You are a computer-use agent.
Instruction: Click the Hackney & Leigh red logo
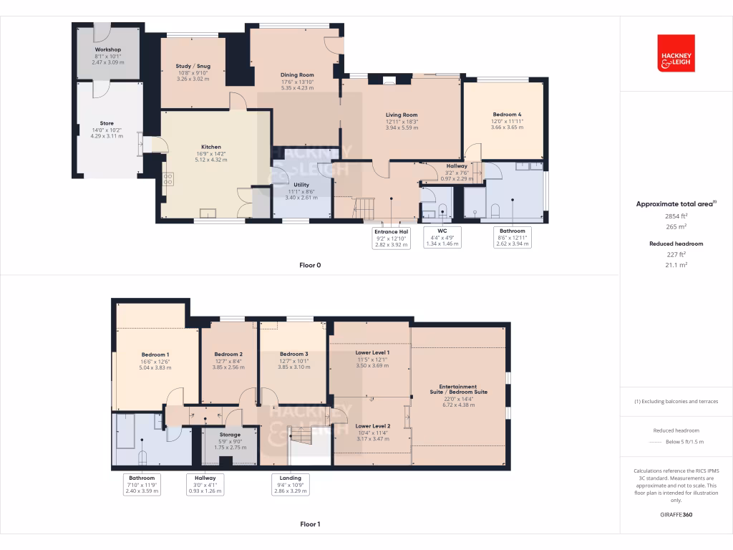point(676,52)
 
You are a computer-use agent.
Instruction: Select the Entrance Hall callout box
point(391,238)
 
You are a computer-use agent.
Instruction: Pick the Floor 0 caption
point(310,265)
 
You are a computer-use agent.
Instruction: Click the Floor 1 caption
point(310,524)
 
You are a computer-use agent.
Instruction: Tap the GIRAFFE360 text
point(676,515)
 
